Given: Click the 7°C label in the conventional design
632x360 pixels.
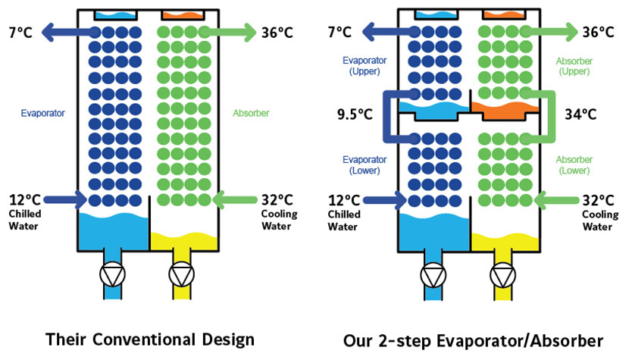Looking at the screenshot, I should (x=20, y=32).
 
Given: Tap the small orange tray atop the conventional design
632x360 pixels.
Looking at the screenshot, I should (x=182, y=14).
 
